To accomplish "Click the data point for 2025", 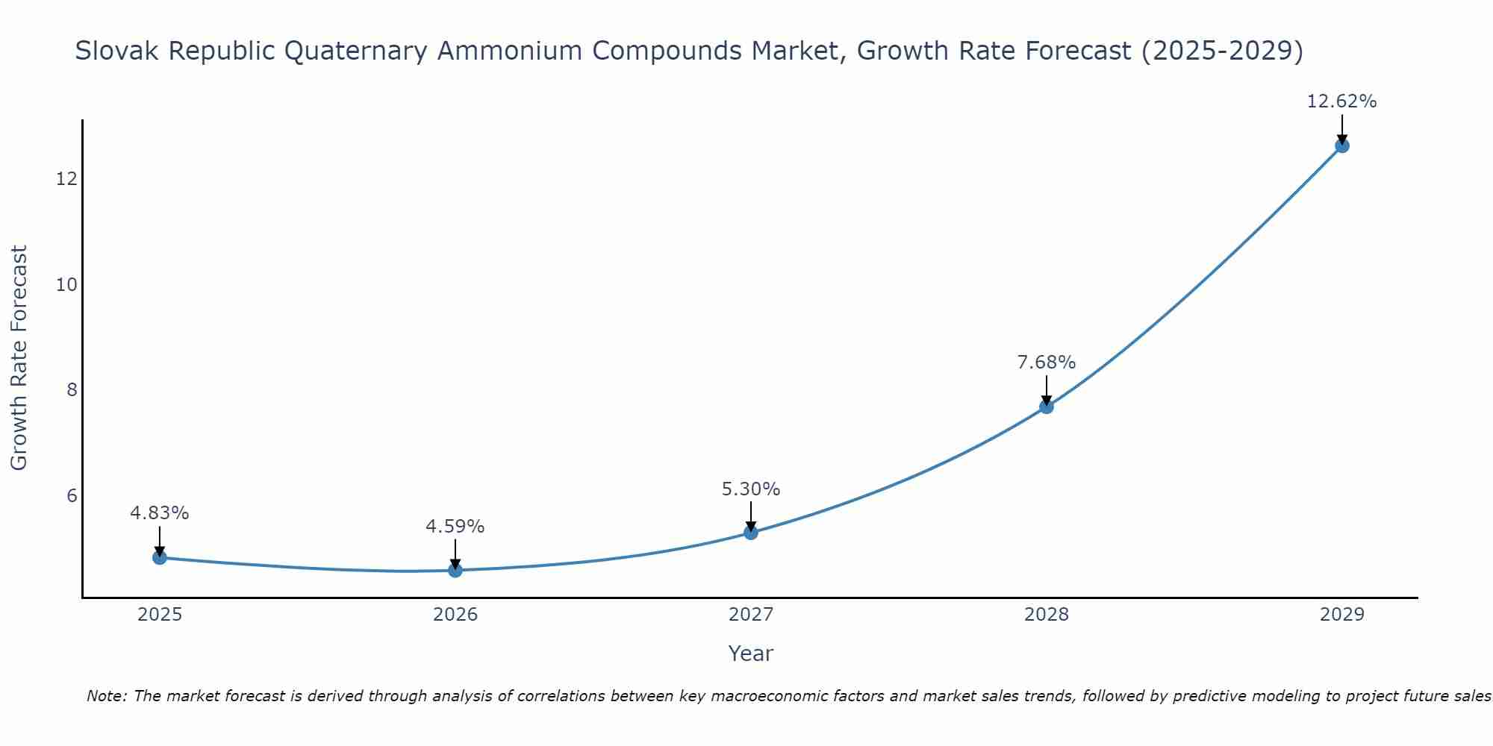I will click(x=160, y=557).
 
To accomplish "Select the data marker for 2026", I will click(x=455, y=571).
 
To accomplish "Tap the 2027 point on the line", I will click(x=751, y=533).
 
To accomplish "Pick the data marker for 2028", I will click(x=1047, y=407).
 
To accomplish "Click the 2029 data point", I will click(x=1342, y=146).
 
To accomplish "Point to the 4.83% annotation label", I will click(x=160, y=513).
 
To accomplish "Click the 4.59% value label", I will click(x=455, y=527).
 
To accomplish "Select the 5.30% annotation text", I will click(x=751, y=489).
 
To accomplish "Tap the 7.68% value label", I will click(x=1047, y=363).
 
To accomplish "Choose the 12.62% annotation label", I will click(x=1341, y=101).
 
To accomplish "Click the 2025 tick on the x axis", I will click(x=160, y=615).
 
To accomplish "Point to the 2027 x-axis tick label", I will click(x=751, y=615).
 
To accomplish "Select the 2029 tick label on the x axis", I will click(x=1342, y=615).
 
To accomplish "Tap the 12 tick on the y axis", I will click(x=66, y=179).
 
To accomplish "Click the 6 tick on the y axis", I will click(x=72, y=496).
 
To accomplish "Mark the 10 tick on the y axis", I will click(x=66, y=285).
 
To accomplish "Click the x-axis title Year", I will click(x=751, y=653).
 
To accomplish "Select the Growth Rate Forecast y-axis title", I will click(x=19, y=358).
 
